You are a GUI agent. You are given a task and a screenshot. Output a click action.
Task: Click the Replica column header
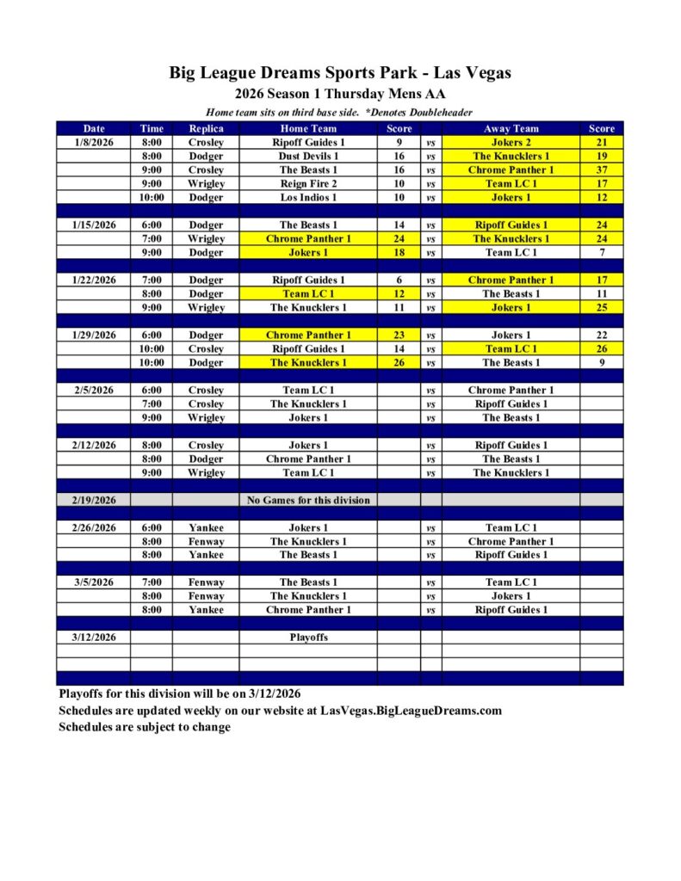[x=206, y=129]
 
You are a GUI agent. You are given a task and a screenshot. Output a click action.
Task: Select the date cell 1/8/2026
[x=94, y=143]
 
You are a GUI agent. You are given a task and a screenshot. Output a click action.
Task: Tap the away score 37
[x=601, y=170]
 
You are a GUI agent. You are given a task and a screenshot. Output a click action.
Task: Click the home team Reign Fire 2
[x=308, y=184]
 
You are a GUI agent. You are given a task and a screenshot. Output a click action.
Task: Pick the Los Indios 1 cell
[x=308, y=198]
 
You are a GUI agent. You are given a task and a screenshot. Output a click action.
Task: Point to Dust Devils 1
[x=308, y=157]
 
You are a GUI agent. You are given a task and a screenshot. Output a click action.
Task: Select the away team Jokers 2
[x=511, y=143]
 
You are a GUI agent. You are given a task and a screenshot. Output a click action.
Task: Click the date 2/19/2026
[x=94, y=500]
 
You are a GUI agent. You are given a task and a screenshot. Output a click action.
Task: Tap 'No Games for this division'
[x=308, y=500]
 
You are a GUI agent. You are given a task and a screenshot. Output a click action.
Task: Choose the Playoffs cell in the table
[x=308, y=638]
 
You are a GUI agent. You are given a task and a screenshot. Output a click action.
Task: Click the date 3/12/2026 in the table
[x=94, y=638]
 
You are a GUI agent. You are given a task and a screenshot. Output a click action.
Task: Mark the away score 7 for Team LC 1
[x=601, y=253]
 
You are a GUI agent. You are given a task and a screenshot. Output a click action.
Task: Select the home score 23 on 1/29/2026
[x=399, y=336]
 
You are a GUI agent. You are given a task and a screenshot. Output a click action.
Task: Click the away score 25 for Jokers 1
[x=601, y=308]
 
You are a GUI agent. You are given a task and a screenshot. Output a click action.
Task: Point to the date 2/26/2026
[x=94, y=527]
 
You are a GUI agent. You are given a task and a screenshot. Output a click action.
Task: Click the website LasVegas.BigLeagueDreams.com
[x=411, y=712]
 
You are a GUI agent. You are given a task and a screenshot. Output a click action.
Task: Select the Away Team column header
[x=511, y=129]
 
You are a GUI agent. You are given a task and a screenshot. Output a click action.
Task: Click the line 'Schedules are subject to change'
[x=145, y=728]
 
